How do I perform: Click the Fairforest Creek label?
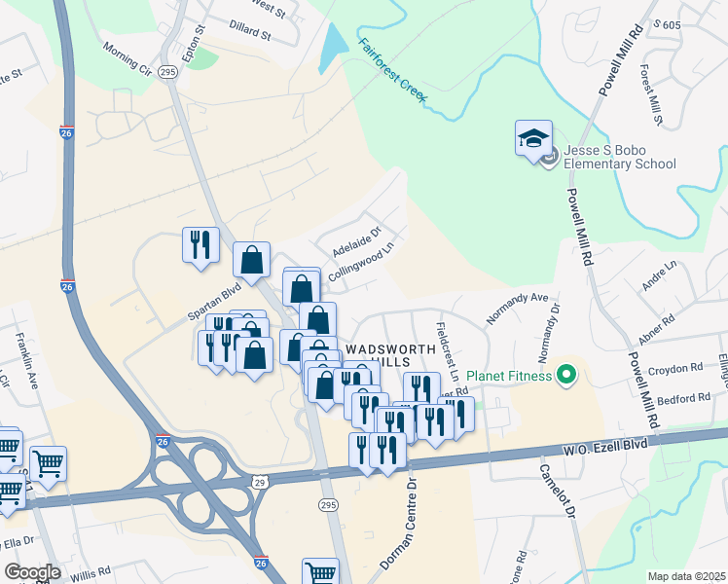[393, 73]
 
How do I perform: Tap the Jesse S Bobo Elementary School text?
[619, 156]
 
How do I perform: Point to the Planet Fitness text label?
[509, 376]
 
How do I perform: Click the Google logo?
[33, 572]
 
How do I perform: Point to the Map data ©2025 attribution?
[686, 576]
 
